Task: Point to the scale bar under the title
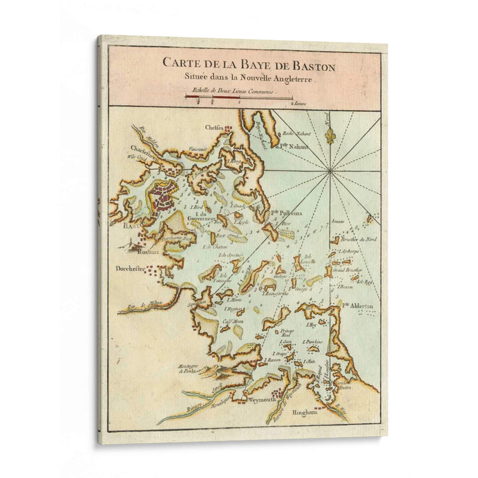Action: pos(239,97)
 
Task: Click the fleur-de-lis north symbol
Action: pos(329,135)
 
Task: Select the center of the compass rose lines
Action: pos(330,172)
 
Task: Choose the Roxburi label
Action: pos(140,252)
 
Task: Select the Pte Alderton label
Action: pos(358,305)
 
